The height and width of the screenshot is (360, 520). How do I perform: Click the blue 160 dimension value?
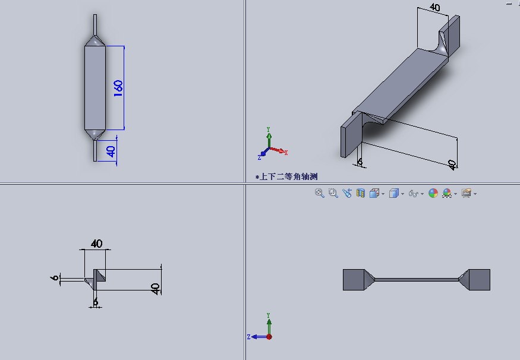pyautogui.click(x=118, y=88)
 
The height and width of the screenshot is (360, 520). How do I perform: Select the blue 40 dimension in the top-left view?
pyautogui.click(x=111, y=151)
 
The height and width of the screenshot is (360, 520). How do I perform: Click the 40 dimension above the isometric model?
pyautogui.click(x=435, y=7)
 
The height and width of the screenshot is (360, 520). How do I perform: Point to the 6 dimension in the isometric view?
pyautogui.click(x=360, y=162)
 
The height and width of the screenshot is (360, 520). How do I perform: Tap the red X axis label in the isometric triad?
pyautogui.click(x=286, y=153)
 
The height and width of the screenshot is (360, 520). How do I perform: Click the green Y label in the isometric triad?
pyautogui.click(x=268, y=130)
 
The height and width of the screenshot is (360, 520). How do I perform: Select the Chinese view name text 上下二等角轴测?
pyautogui.click(x=288, y=176)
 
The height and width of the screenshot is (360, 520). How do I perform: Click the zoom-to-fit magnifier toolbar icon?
pyautogui.click(x=319, y=193)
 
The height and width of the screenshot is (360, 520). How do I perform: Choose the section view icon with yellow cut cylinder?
pyautogui.click(x=361, y=193)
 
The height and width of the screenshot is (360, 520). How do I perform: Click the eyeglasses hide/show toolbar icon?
pyautogui.click(x=413, y=193)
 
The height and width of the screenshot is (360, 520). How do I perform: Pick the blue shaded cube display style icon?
pyautogui.click(x=393, y=193)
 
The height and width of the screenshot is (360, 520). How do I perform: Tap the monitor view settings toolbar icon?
pyautogui.click(x=467, y=193)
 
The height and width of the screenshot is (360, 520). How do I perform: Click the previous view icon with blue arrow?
pyautogui.click(x=347, y=193)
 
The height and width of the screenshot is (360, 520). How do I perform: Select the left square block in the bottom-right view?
pyautogui.click(x=354, y=280)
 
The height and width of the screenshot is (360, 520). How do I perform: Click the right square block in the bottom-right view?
pyautogui.click(x=480, y=280)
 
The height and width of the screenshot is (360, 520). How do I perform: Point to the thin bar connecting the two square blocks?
pyautogui.click(x=417, y=280)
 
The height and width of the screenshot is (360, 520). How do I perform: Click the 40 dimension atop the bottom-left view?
pyautogui.click(x=96, y=244)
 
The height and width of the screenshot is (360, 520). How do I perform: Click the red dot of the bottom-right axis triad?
pyautogui.click(x=269, y=337)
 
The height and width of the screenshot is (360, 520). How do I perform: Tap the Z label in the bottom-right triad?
pyautogui.click(x=249, y=337)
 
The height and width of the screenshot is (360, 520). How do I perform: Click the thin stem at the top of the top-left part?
pyautogui.click(x=95, y=24)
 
